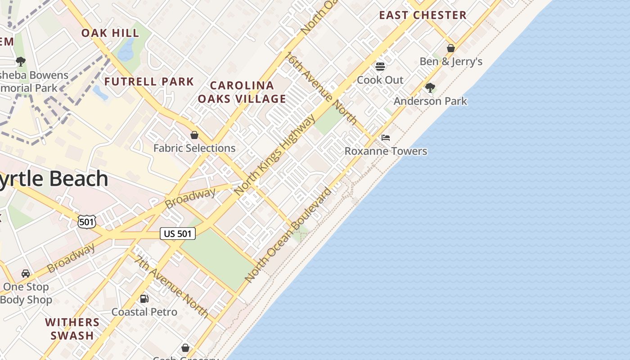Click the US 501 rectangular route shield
[178, 234]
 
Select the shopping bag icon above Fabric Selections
[194, 135]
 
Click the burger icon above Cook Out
[380, 67]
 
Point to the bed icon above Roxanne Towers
[386, 138]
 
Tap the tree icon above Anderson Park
[430, 87]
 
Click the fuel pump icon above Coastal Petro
[144, 298]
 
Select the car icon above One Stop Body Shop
[26, 273]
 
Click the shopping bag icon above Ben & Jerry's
[451, 48]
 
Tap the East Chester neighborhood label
[423, 15]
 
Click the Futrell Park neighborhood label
[149, 82]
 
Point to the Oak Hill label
[110, 33]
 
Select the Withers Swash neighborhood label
[72, 329]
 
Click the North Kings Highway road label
[275, 154]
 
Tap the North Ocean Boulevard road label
[288, 234]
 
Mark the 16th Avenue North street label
[321, 88]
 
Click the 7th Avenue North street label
[171, 286]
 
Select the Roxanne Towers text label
[386, 151]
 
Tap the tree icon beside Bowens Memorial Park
[20, 61]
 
